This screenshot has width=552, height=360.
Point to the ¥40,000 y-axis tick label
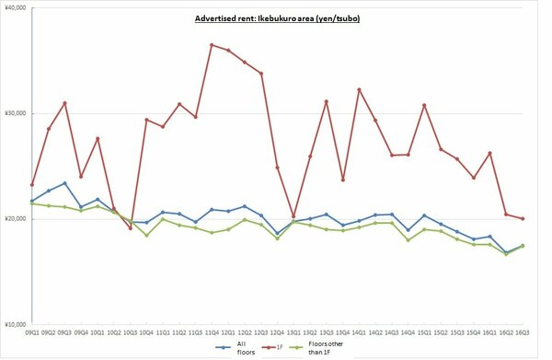pos(15,8)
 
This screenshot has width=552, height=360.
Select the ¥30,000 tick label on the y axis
pos(15,113)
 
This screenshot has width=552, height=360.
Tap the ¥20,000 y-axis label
pos(15,219)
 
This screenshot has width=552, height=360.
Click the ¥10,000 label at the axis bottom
pos(15,324)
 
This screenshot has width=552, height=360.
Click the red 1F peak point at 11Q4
pos(212,44)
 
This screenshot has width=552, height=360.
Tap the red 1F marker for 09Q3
pos(64,103)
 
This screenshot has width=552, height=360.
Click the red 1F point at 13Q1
pos(293,215)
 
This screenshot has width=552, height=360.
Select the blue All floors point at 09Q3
pos(64,183)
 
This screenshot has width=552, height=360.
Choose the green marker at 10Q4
pos(146,235)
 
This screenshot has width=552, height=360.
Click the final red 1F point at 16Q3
pos(523,218)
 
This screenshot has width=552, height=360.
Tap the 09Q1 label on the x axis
pos(32,332)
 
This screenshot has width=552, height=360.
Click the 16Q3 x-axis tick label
pos(523,332)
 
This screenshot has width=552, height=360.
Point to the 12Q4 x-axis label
pos(277,332)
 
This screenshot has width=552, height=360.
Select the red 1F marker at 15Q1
pos(424,105)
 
